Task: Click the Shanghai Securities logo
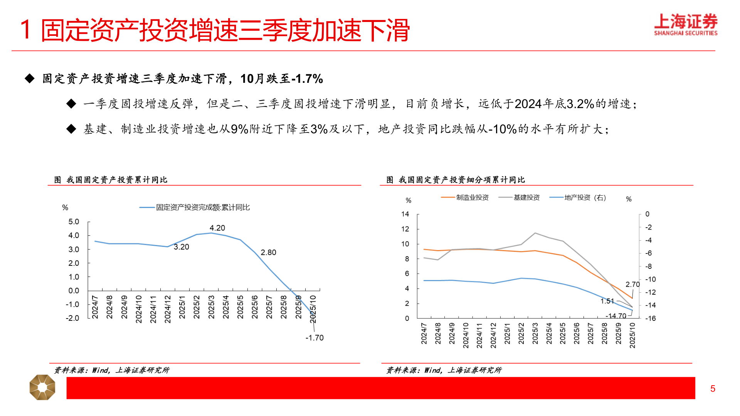tap(686, 25)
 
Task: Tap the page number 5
tap(713, 389)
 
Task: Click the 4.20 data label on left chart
tap(217, 228)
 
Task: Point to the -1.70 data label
tap(314, 338)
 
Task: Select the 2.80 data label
tap(268, 252)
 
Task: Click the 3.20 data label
tap(182, 247)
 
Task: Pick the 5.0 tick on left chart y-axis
tap(74, 221)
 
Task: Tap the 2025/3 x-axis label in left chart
tap(211, 307)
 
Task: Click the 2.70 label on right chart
tap(632, 284)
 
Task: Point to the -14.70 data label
tap(616, 316)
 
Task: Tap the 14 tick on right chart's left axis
tap(405, 214)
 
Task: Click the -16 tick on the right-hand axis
tap(650, 318)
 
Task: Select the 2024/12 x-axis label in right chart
tap(493, 335)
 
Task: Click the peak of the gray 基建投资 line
tap(535, 233)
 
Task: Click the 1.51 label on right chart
tap(607, 301)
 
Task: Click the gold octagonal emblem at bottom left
tap(42, 387)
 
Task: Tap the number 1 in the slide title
tap(25, 30)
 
